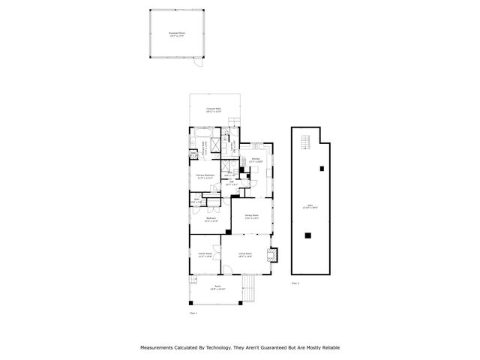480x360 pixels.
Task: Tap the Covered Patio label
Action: point(214,109)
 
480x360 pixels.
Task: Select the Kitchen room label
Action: point(256,160)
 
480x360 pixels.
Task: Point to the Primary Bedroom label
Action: point(206,177)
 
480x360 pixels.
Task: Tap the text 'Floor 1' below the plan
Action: point(193,313)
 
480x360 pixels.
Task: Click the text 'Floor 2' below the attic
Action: point(295,283)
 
